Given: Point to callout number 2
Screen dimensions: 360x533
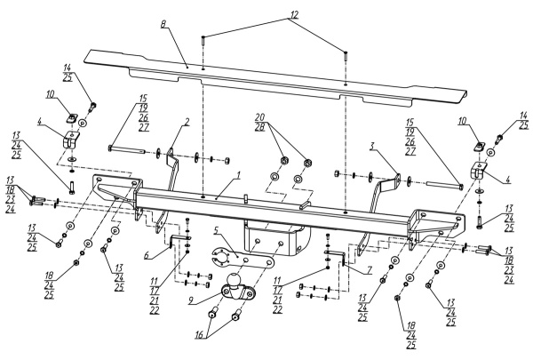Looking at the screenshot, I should [187, 121].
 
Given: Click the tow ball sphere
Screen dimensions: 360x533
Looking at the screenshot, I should [235, 281].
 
